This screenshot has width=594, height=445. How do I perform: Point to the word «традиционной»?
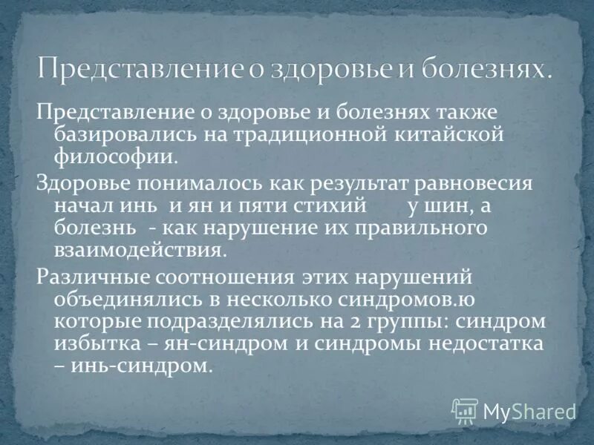[308, 134]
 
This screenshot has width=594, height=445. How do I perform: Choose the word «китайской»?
[454, 134]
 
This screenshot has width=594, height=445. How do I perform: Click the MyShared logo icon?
[465, 409]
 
